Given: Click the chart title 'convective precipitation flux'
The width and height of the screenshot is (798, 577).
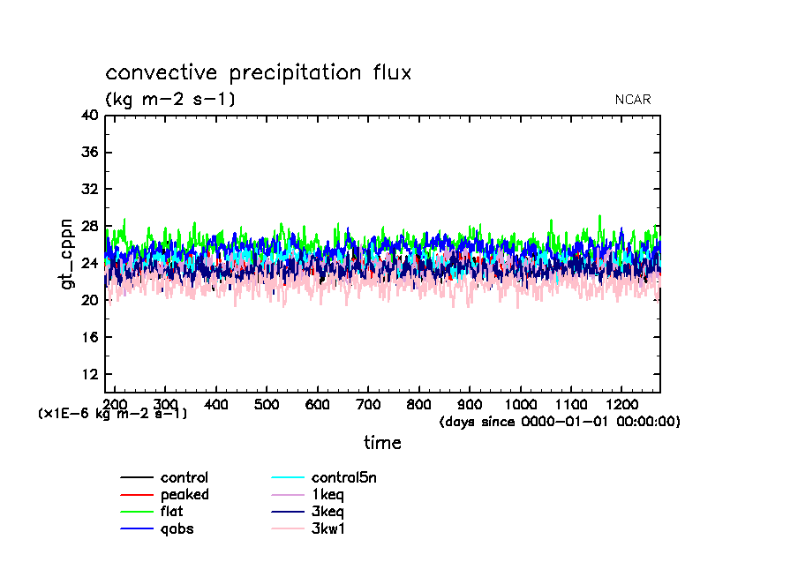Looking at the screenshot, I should pos(259,72).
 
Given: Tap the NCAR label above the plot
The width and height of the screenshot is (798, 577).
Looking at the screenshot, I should pos(633,100).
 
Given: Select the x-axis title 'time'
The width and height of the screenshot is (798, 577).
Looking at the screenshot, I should pos(382,443).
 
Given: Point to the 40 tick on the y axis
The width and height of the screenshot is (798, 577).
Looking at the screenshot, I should pos(89,116).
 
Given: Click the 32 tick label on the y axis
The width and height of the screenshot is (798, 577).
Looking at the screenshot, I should pos(89,190).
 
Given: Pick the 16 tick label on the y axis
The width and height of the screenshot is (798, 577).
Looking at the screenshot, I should pos(89,338).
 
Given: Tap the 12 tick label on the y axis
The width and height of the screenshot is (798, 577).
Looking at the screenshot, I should pos(89,375).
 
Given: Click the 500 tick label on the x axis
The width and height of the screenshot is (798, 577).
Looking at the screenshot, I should pos(266,404).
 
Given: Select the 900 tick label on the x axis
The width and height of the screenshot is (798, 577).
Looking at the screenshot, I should pos(469,404).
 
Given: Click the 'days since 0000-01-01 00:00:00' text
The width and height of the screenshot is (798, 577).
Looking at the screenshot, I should pos(560,422).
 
